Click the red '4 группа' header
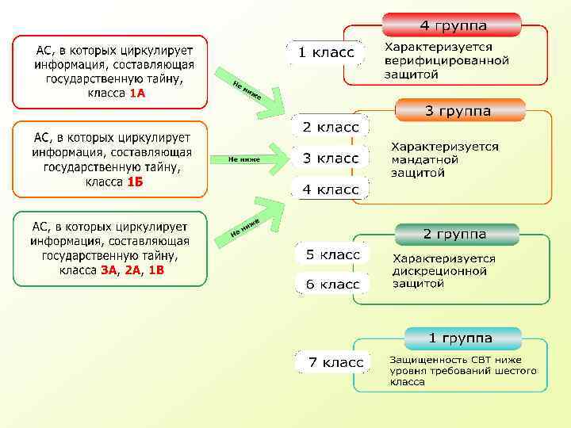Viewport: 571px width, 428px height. coord(453,25)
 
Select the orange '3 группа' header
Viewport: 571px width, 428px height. coord(458,111)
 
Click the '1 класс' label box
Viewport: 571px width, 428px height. coord(325,52)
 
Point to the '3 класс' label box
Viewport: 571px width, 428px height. coord(330,158)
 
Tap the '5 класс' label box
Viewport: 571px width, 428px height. coord(332,254)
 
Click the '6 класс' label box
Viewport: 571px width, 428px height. coord(332,284)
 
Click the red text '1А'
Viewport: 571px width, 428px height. coord(137,94)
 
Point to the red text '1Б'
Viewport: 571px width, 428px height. coord(136,182)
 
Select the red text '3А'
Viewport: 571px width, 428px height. coord(109,270)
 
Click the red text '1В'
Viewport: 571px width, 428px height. coord(156,270)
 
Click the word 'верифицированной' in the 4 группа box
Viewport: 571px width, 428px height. coord(446,61)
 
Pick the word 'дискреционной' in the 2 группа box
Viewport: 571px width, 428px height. coord(439,271)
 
